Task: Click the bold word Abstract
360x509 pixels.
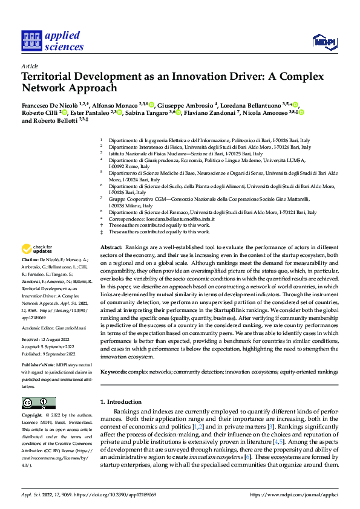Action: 111,248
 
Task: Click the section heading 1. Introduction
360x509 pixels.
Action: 120,401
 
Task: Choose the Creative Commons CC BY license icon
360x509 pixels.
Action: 38,403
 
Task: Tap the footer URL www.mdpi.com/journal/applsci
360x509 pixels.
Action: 293,494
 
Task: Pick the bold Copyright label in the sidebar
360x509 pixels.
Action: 32,415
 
